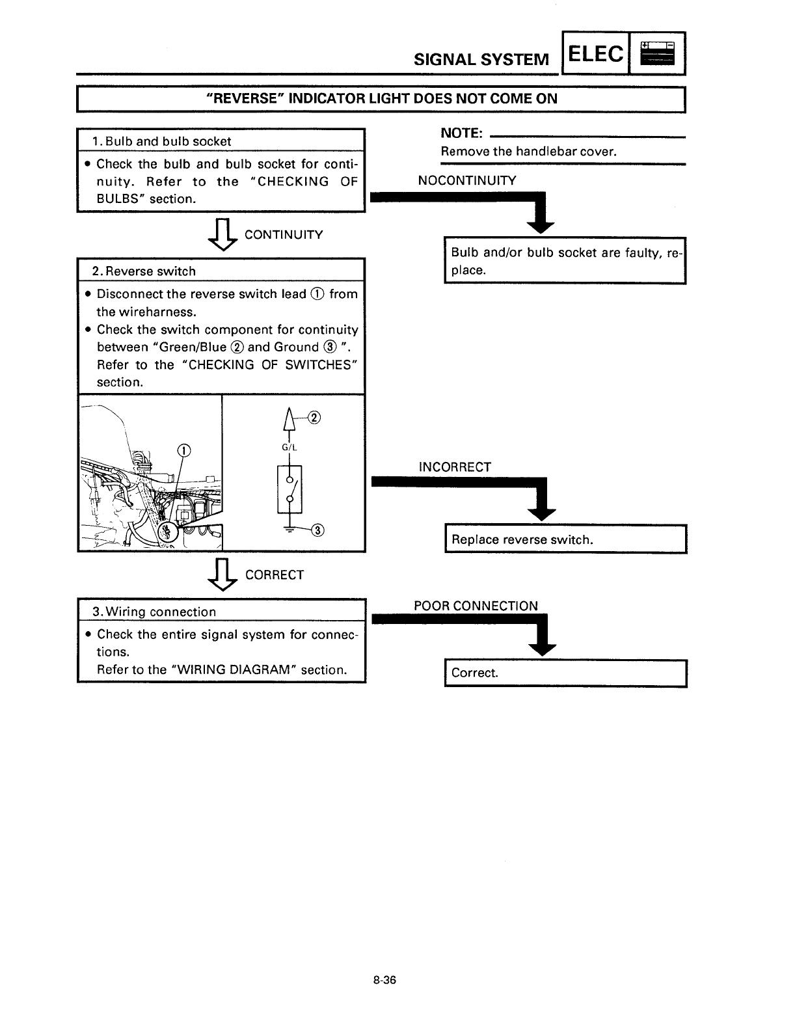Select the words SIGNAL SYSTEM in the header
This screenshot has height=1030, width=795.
tap(482, 60)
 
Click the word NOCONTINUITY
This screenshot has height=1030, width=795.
tap(467, 180)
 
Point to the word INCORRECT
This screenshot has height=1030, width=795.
tap(455, 467)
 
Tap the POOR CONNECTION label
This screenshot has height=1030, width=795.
tap(476, 606)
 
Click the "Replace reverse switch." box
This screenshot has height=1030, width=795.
tap(565, 539)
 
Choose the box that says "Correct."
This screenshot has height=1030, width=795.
tap(565, 673)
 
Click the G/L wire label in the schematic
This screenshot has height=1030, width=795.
tap(289, 448)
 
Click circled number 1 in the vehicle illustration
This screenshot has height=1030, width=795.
tap(183, 450)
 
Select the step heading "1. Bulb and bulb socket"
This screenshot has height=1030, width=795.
tap(162, 141)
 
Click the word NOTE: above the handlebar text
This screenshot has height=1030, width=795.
tap(461, 133)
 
